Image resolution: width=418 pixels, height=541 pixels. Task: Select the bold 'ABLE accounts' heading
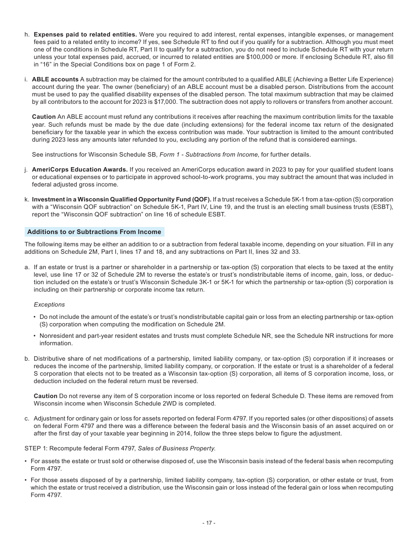tap(55, 79)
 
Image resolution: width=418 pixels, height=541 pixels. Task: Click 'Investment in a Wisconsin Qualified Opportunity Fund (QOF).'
tap(121, 199)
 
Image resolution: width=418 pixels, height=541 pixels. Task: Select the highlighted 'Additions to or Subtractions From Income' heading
tap(94, 232)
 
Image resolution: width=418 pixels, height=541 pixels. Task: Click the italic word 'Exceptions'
tap(49, 304)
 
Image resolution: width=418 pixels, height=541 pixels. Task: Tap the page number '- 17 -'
tap(209, 523)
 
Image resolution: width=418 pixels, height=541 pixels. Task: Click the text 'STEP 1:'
tap(36, 448)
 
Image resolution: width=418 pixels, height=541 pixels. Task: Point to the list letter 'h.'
tap(27, 34)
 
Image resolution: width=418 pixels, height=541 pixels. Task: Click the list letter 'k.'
tap(27, 199)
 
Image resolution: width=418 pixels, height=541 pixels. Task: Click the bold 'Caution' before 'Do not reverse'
tap(45, 396)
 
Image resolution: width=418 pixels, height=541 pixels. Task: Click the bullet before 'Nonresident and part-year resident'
tap(35, 336)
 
